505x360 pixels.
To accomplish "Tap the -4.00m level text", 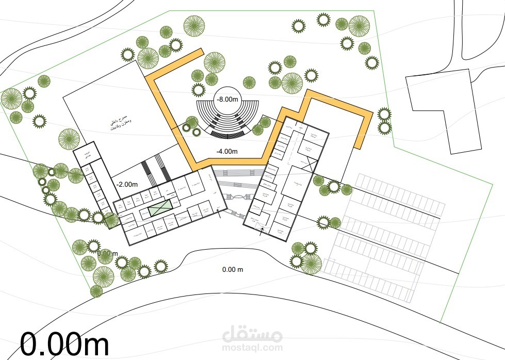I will click(x=227, y=151).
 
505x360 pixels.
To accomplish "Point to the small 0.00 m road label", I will click(x=233, y=269).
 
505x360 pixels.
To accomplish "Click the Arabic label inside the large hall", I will click(x=120, y=124).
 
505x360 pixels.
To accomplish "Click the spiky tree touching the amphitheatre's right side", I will click(x=264, y=122).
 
